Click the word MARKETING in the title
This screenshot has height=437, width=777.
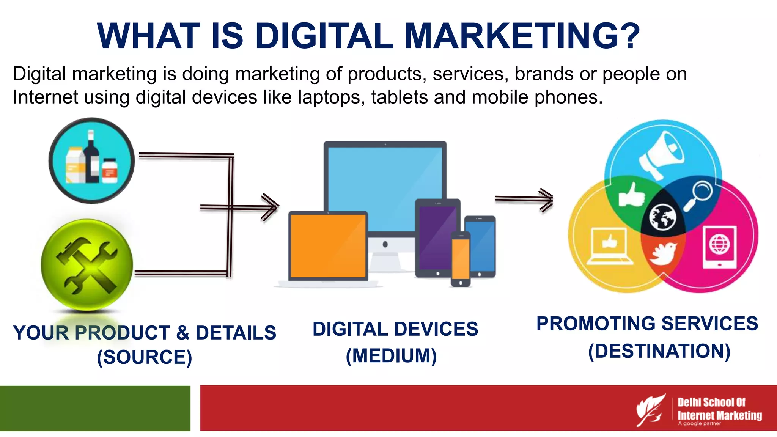(x=522, y=36)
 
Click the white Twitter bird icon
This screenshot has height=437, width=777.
(x=663, y=253)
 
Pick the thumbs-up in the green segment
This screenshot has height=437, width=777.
(x=631, y=195)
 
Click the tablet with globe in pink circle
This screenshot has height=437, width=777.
(x=719, y=247)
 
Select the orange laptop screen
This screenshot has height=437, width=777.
(x=328, y=246)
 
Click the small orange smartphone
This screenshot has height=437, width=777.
(x=460, y=259)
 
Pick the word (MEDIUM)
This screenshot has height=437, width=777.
(x=391, y=356)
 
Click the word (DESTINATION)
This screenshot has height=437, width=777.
(x=659, y=351)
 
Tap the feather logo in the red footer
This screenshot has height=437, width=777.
(x=651, y=410)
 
